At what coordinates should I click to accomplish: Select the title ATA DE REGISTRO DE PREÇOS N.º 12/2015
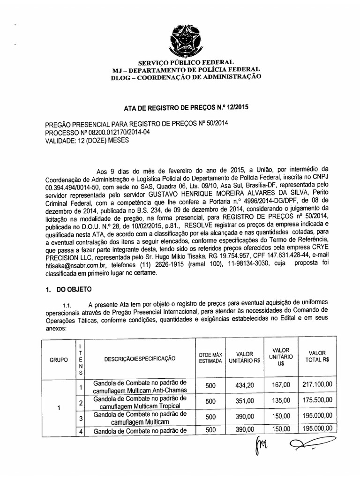tap(186, 106)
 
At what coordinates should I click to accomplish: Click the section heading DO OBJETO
tap(75, 290)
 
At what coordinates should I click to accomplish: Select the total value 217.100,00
tap(317, 385)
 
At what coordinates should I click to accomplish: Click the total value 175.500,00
tap(317, 401)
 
